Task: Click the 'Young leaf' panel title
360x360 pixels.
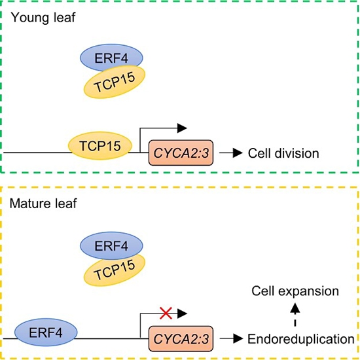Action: [x=43, y=18]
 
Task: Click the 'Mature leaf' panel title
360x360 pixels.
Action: [x=43, y=204]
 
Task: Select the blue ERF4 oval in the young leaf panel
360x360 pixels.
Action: [x=111, y=57]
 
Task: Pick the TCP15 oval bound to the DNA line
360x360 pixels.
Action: [x=100, y=145]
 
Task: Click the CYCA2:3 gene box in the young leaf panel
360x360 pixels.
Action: [x=181, y=153]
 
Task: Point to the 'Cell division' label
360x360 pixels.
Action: [x=283, y=153]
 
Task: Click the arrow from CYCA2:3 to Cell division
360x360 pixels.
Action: [x=231, y=153]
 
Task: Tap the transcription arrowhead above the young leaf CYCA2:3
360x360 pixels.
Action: [x=183, y=128]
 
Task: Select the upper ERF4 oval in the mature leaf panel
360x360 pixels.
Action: [x=111, y=245]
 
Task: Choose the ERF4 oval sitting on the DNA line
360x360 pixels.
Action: [x=46, y=333]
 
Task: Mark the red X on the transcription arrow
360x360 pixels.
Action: [x=166, y=313]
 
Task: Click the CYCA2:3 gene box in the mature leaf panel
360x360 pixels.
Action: [x=181, y=338]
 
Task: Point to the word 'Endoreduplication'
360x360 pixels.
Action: [x=301, y=339]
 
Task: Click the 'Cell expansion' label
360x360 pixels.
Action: [x=295, y=291]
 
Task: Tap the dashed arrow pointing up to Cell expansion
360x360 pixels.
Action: [x=295, y=315]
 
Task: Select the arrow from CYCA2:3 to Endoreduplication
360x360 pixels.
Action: [x=231, y=338]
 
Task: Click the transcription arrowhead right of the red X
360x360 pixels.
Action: [x=183, y=314]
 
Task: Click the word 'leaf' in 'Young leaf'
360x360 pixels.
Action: [x=65, y=18]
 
